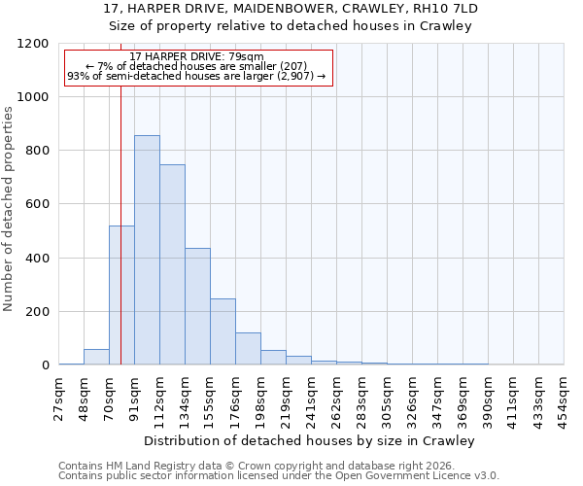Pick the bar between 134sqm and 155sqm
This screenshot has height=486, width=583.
click(x=197, y=306)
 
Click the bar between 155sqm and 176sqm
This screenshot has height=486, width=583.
click(x=223, y=331)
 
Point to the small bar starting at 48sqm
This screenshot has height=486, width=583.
click(x=96, y=357)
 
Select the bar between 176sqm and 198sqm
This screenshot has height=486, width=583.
click(x=248, y=348)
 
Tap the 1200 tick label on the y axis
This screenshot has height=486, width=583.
click(x=33, y=44)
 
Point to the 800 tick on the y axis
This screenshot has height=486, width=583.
click(x=37, y=151)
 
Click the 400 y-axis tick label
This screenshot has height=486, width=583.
click(x=37, y=259)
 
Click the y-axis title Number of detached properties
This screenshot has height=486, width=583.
click(x=10, y=209)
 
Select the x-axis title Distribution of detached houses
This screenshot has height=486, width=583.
click(x=311, y=440)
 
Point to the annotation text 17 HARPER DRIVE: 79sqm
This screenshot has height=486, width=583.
click(x=196, y=57)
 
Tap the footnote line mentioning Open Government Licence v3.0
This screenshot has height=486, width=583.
click(x=279, y=476)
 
